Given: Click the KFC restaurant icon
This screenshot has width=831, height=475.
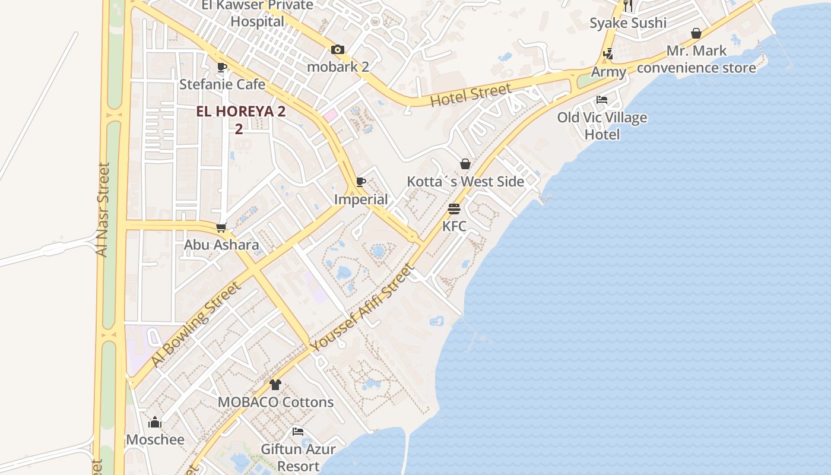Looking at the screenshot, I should point(454,209).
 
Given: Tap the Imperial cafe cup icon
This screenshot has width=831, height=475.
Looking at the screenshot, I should point(361,182).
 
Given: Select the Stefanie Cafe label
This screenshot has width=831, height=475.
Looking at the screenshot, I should point(222,84).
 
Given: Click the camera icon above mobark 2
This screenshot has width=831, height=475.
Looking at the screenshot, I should point(338,50).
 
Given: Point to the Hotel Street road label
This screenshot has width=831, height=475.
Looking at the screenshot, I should point(470,95).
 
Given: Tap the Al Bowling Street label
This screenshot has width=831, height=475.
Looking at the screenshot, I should point(195,324).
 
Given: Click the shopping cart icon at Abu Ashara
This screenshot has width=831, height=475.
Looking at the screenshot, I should point(221,227).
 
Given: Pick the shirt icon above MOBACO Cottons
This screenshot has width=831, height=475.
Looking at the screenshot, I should point(275,385).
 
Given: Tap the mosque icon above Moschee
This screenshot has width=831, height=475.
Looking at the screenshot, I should point(155,422).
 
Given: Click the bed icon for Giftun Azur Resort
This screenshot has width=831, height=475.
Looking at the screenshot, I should point(298,432).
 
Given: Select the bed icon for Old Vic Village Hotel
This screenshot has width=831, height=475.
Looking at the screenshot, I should point(602,100).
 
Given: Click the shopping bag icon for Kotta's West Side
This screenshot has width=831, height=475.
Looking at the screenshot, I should point(465,164).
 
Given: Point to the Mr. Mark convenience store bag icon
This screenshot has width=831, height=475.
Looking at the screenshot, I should point(696,33).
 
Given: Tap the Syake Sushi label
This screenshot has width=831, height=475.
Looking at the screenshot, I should point(628,23).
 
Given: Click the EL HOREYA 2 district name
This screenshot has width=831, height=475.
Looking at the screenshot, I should point(241,112).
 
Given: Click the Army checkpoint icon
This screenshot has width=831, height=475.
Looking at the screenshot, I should point(608,54).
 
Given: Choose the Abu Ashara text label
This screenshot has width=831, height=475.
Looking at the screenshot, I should point(221,245).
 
